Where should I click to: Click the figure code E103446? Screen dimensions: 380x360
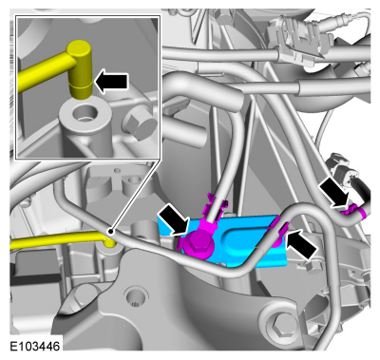[x=35, y=347]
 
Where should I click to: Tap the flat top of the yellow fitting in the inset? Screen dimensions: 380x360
[x=79, y=46]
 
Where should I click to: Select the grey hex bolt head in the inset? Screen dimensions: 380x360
[x=141, y=123]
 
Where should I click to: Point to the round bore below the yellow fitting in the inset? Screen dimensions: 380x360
[x=84, y=113]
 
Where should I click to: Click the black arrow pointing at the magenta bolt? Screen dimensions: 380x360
[x=173, y=218]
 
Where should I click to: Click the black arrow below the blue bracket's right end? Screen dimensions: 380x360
[x=301, y=244]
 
